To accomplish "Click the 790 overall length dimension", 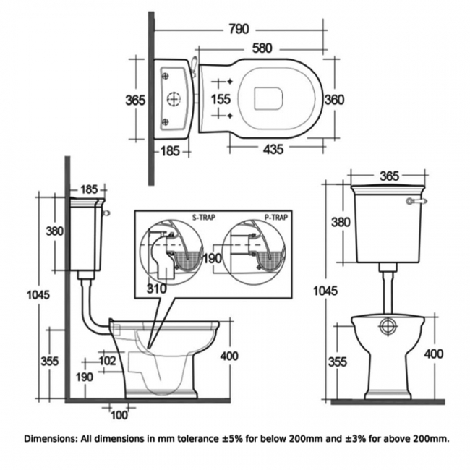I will (x=238, y=29).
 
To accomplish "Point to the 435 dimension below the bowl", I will (x=272, y=148).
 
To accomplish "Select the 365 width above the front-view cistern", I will (x=389, y=176).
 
